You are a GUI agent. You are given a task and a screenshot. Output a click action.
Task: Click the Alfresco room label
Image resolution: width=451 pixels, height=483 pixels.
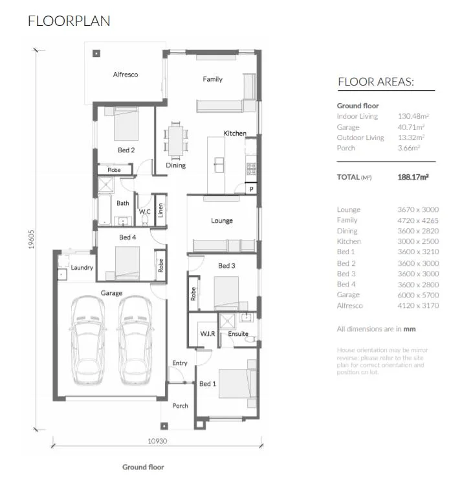pos(126,75)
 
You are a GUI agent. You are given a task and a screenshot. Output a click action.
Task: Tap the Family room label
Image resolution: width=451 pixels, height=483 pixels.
pos(212,79)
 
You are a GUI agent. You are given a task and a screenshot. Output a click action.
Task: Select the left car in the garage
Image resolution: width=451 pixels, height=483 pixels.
pos(89,340)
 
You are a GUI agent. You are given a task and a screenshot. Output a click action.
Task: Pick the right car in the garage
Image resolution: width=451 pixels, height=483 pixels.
pos(135,340)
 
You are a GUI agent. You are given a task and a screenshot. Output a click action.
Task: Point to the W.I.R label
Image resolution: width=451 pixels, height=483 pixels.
pos(208,334)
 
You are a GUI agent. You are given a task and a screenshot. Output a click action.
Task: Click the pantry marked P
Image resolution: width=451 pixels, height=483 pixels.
pos(252,189)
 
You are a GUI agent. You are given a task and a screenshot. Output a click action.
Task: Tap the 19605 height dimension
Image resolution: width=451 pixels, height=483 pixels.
pos(31,239)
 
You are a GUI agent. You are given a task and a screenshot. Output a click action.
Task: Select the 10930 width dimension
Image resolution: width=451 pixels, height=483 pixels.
pos(157,441)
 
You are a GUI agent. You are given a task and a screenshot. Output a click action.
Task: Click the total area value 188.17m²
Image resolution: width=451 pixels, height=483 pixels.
pos(413,177)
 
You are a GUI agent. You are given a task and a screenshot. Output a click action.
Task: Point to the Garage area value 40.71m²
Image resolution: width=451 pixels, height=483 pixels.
pos(411,127)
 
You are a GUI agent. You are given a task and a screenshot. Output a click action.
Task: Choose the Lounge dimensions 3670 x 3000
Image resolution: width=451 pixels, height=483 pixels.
pos(418,209)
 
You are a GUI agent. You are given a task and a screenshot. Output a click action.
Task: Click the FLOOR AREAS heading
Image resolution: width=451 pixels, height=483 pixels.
pos(376,82)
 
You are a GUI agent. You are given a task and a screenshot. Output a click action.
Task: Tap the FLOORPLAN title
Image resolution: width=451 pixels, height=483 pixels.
pos(69,21)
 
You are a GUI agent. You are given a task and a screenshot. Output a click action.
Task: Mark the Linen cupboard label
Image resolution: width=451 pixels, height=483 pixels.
pos(160,210)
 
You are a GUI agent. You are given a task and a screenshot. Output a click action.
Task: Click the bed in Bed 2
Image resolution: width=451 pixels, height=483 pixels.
pos(126,124)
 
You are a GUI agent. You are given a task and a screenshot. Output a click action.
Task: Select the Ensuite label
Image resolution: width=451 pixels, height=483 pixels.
pos(238,334)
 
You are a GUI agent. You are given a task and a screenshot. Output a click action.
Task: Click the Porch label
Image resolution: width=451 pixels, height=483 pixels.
pos(180,406)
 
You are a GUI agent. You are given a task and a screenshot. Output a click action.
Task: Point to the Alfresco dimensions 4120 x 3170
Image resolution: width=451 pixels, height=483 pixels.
pos(418,305)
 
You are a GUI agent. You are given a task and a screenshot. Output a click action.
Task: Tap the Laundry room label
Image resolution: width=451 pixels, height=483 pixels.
pos(82,267)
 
